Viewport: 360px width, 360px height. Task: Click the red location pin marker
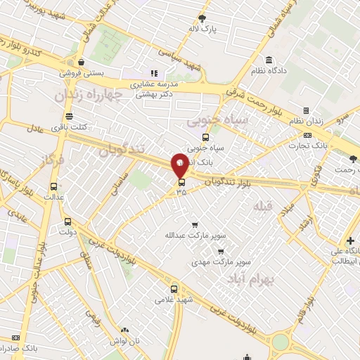[180, 166]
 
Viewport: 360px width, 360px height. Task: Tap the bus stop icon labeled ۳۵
[181, 182]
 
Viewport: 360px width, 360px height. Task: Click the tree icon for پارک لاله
[202, 18]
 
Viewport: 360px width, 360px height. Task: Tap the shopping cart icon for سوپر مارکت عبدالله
[185, 224]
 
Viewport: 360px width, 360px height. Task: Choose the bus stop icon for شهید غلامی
[174, 288]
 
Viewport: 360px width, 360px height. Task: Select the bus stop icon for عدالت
[54, 187]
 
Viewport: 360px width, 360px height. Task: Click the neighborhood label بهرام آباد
[250, 280]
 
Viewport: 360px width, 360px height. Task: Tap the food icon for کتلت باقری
[68, 116]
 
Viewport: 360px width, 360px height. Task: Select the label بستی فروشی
[82, 72]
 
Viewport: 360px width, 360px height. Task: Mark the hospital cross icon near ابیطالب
[350, 241]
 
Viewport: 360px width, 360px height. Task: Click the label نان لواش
[125, 340]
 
